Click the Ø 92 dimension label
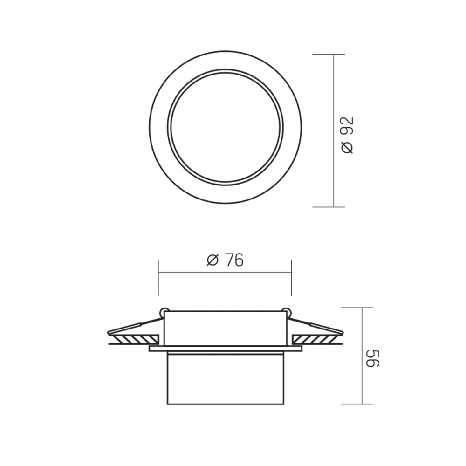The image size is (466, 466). (x=348, y=135)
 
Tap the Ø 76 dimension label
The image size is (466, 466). (x=225, y=260)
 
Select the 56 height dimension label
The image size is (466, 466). (x=372, y=358)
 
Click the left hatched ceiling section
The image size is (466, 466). (x=133, y=339)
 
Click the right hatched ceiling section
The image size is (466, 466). (x=317, y=339)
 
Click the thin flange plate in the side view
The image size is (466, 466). (x=225, y=349)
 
